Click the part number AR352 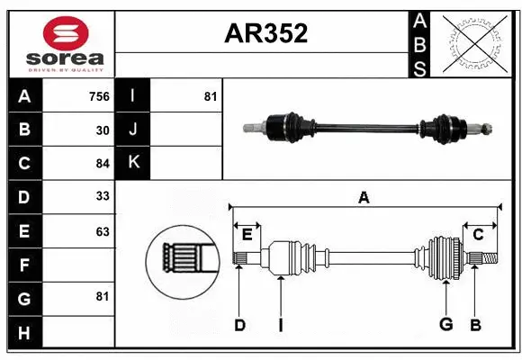265,33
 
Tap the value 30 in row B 103,130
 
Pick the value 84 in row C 103,163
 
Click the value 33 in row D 103,196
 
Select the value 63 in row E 103,231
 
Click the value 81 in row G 103,295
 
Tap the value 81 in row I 210,96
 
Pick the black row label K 133,163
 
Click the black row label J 133,130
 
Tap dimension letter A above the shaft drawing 364,197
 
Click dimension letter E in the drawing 247,234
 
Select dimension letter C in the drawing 478,234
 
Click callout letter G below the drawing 445,325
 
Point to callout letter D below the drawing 239,325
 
